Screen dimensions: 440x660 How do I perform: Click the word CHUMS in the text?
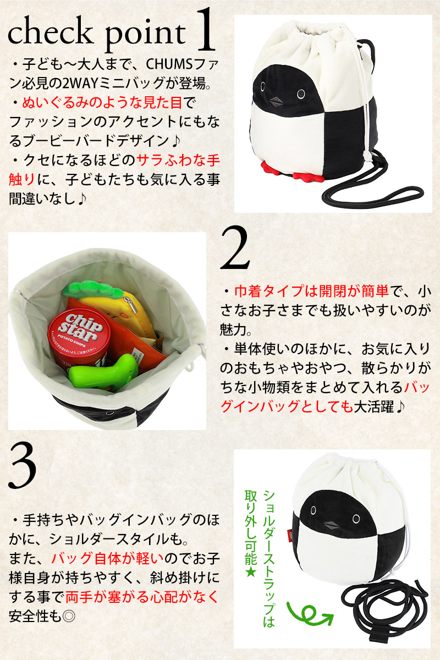click(169, 64)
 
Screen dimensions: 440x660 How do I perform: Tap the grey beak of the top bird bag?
click(276, 101)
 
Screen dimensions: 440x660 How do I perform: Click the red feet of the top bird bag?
click(293, 171)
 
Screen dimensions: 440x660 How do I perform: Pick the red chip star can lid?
click(79, 328)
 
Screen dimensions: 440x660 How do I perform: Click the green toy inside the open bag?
click(103, 373)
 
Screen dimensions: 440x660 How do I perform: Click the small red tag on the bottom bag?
click(290, 535)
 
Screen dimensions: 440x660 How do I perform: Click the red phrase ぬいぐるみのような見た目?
click(102, 103)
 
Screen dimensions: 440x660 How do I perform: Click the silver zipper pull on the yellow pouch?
click(133, 306)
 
